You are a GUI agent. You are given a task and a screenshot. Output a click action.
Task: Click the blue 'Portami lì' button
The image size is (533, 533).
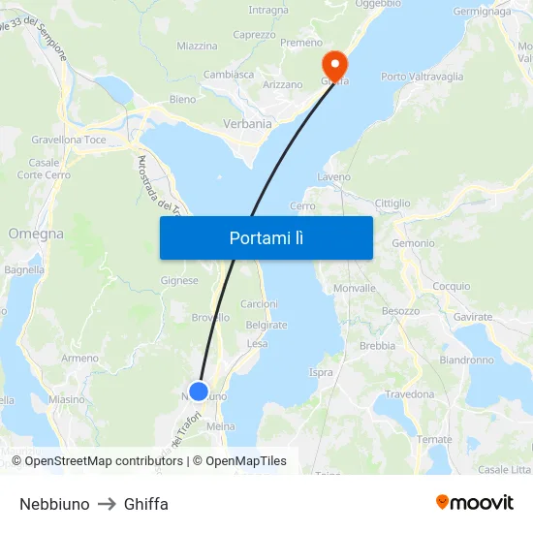point(266,237)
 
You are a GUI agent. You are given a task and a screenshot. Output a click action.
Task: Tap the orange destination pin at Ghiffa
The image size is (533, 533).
point(334,64)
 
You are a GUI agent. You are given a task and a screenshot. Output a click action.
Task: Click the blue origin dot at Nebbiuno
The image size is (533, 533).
point(199,392)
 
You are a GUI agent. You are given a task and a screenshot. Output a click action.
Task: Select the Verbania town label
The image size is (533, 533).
point(247,124)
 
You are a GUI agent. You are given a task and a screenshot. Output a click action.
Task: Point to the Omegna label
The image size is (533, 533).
point(36,234)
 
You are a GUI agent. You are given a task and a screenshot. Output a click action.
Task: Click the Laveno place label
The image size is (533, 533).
point(333,177)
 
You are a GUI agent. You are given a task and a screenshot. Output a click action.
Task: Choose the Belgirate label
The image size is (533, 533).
point(266,326)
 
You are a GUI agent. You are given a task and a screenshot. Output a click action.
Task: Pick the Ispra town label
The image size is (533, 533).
point(321,372)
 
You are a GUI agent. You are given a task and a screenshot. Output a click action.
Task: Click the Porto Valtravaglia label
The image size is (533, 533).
point(422,77)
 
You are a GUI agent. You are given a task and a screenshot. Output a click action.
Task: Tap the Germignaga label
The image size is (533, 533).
point(482,12)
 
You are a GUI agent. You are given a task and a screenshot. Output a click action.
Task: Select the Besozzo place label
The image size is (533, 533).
point(400,311)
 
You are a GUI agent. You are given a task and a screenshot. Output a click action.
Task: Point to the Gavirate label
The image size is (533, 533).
point(473,317)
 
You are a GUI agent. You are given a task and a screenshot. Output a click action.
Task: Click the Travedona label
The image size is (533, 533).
point(410,394)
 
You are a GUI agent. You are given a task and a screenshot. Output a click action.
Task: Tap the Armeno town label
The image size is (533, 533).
point(80,358)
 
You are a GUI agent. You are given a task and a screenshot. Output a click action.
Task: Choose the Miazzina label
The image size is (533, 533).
point(197,46)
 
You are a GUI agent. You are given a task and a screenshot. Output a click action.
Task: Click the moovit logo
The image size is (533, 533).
point(475,503)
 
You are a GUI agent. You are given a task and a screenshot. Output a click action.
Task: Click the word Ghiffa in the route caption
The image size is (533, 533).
point(146,504)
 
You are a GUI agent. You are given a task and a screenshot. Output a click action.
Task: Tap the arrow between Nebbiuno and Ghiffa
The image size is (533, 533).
point(107,504)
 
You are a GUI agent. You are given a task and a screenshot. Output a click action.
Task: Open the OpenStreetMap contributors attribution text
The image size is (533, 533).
point(104,461)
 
